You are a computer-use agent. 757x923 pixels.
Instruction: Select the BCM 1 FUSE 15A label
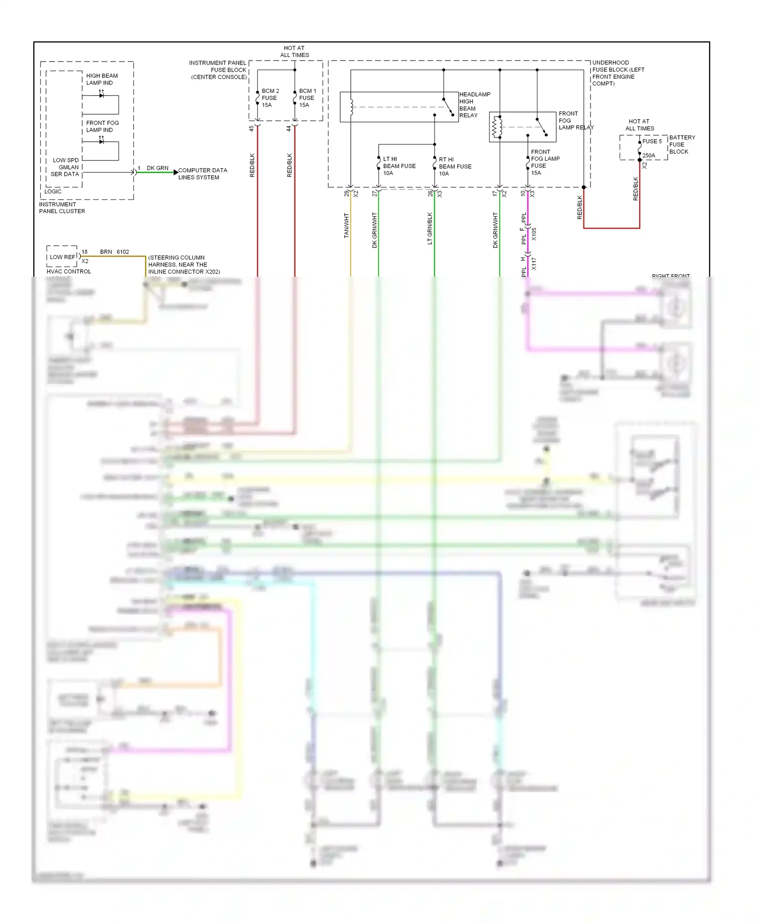tap(307, 98)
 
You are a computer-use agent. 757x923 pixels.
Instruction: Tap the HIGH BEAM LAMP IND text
tap(101, 79)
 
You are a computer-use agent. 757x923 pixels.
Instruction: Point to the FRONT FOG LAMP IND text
tap(102, 126)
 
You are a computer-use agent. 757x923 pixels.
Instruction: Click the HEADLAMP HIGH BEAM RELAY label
tap(474, 105)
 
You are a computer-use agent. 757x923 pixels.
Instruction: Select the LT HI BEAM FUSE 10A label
tap(399, 166)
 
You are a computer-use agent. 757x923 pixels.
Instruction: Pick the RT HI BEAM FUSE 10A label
tap(454, 166)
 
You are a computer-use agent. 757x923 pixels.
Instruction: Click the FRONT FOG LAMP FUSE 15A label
tap(545, 162)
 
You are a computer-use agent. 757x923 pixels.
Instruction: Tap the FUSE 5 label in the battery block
tap(652, 141)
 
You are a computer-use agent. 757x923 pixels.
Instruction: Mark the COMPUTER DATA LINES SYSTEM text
tap(202, 174)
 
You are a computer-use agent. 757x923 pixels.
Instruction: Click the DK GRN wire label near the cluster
tap(157, 168)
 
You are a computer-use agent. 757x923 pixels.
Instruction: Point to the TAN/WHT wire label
tap(346, 225)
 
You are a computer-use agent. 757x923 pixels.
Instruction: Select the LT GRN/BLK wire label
tap(430, 228)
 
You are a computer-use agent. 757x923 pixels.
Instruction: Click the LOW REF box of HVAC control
tap(62, 257)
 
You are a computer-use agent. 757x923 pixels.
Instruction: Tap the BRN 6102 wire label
tap(114, 251)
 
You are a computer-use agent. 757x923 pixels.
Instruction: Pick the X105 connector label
tap(534, 234)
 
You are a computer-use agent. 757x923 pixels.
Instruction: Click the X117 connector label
tap(534, 264)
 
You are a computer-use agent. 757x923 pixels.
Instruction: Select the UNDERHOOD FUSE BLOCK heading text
tap(617, 73)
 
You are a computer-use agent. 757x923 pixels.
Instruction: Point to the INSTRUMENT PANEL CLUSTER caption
tap(62, 208)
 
